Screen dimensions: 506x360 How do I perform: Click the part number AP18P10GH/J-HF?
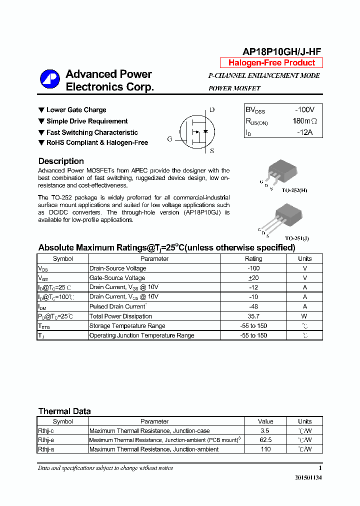(x=282, y=51)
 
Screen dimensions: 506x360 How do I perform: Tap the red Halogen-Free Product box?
(x=271, y=63)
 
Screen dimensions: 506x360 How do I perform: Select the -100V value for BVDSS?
(x=304, y=109)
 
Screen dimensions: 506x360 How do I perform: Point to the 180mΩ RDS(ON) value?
(x=304, y=121)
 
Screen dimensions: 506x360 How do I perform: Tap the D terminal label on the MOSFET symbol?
(x=212, y=110)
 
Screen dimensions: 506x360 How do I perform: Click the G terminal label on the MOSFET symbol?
(x=169, y=139)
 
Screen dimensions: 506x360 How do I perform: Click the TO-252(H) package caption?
(x=294, y=191)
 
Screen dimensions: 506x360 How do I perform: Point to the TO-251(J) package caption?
(x=297, y=238)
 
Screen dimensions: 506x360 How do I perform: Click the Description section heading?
(x=61, y=161)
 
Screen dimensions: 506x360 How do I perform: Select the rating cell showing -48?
(x=253, y=306)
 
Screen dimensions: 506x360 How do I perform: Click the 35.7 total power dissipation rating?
(x=253, y=316)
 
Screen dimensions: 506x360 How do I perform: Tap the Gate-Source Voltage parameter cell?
(x=117, y=278)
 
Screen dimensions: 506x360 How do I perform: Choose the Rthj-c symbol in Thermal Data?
(x=46, y=430)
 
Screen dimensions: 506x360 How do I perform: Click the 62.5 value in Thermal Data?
(x=266, y=440)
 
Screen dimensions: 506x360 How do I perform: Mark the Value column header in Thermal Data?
(x=266, y=421)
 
